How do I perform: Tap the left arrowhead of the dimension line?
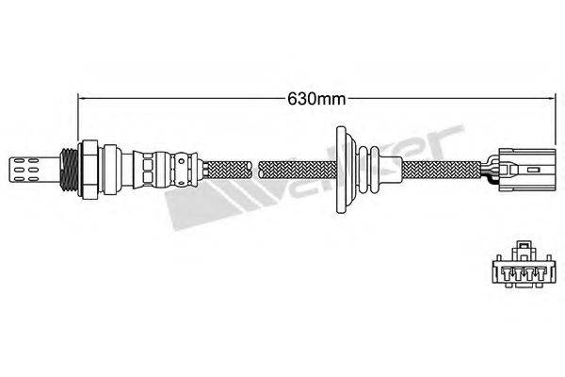coord(81,95)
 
